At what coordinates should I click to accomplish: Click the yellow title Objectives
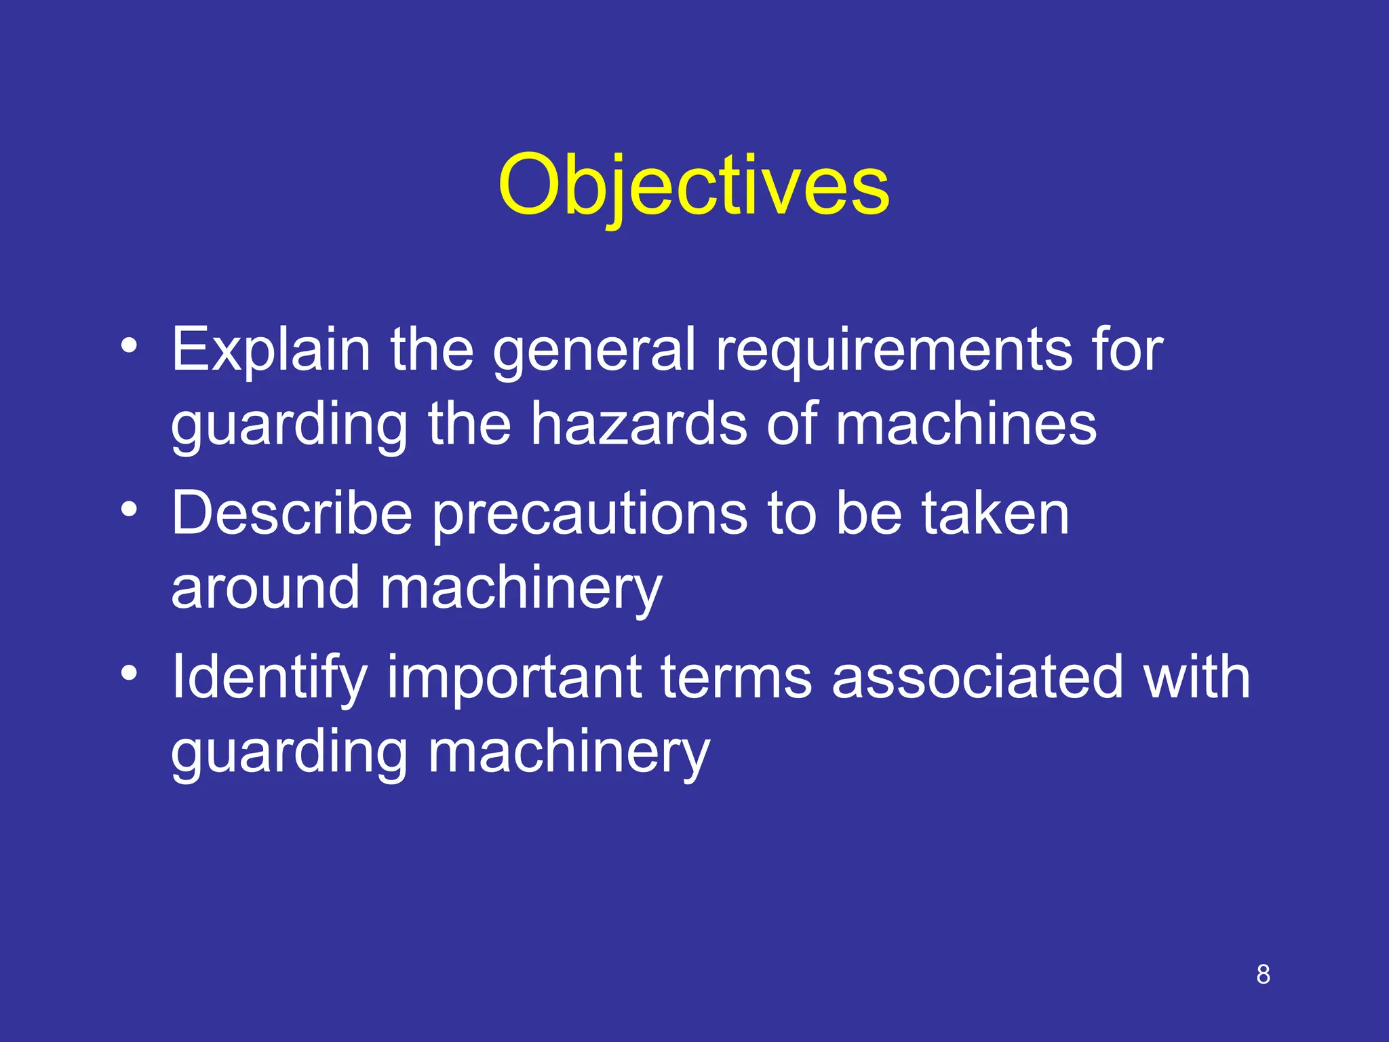(x=693, y=186)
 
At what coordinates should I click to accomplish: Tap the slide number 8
(x=1263, y=975)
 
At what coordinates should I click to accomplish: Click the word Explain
(x=270, y=350)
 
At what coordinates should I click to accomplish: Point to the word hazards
(x=638, y=425)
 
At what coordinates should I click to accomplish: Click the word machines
(x=965, y=425)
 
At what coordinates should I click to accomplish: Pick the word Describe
(x=292, y=514)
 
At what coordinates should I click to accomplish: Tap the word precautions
(x=590, y=514)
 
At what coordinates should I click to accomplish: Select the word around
(x=265, y=588)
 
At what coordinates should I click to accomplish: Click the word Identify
(x=269, y=677)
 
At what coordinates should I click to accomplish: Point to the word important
(x=514, y=677)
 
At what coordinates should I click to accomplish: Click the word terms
(x=736, y=677)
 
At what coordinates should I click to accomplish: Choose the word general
(x=593, y=350)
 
